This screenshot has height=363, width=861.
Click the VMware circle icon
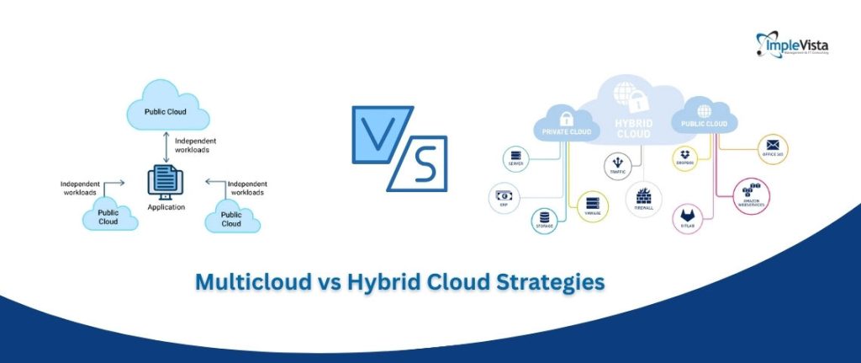pyautogui.click(x=593, y=205)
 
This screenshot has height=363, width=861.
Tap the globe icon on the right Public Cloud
pyautogui.click(x=705, y=110)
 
